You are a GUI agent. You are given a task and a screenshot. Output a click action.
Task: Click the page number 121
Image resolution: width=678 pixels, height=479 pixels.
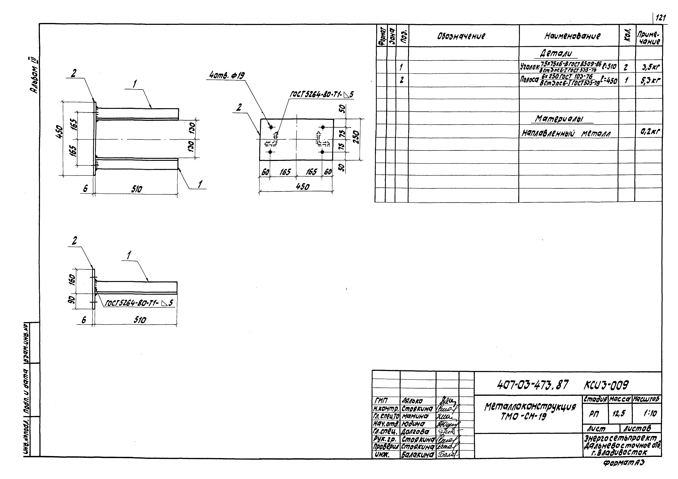point(660,18)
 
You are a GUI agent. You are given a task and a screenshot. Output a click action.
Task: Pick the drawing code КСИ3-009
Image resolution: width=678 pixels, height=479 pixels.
point(606,385)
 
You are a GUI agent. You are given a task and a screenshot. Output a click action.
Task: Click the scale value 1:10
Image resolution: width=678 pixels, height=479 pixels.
point(650,414)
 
